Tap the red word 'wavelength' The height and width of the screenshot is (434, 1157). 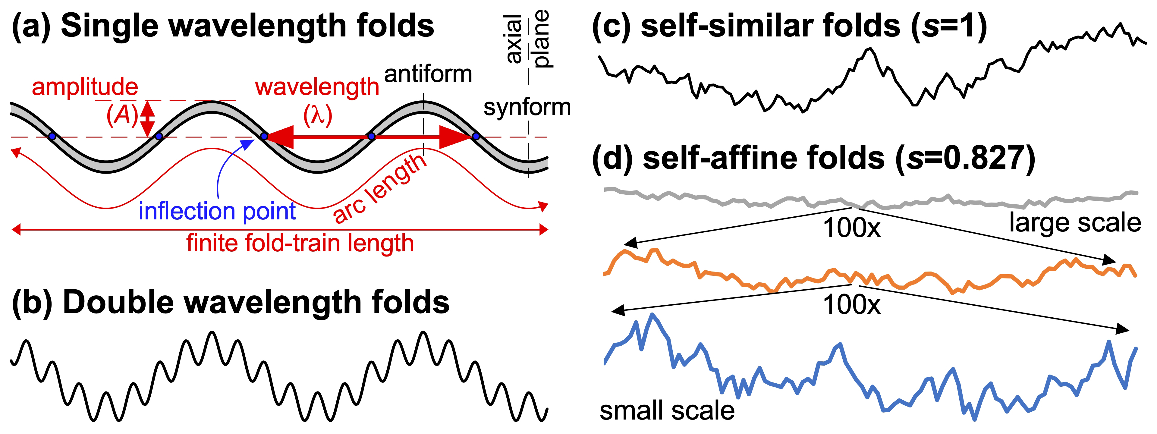point(317,87)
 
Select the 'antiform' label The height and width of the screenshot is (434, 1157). point(428,74)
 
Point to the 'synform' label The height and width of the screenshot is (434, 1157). point(527,108)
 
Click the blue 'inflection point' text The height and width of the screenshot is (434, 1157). point(217,211)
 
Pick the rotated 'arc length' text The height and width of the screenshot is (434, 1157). point(379,189)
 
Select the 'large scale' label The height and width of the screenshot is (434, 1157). point(1075,223)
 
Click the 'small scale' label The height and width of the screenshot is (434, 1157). point(667,410)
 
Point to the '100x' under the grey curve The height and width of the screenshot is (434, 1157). point(852,228)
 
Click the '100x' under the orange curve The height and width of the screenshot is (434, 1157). point(852,305)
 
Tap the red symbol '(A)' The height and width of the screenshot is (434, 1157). point(122,115)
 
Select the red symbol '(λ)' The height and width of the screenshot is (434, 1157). point(318,115)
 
